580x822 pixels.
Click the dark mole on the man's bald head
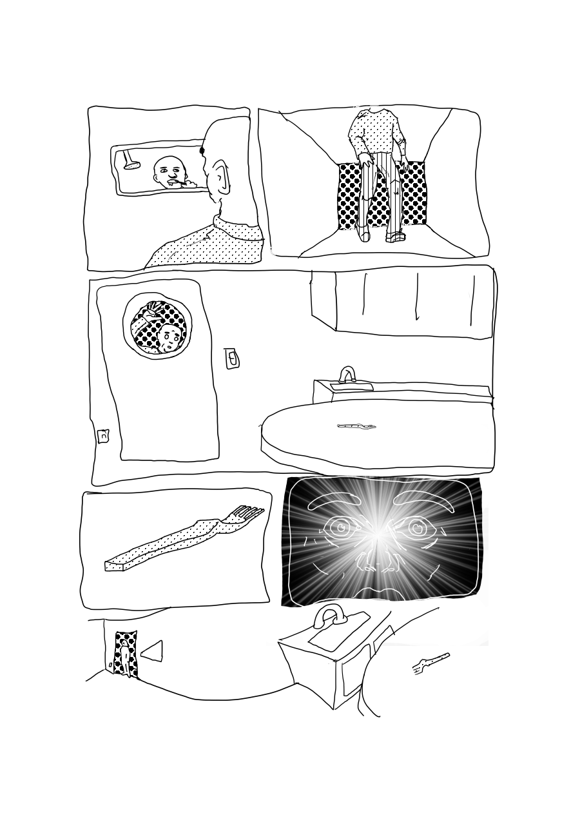click(x=202, y=151)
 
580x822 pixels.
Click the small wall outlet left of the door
click(x=103, y=436)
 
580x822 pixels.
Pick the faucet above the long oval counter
click(x=348, y=374)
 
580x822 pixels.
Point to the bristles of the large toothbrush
click(x=249, y=513)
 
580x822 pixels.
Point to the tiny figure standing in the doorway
click(x=124, y=657)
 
